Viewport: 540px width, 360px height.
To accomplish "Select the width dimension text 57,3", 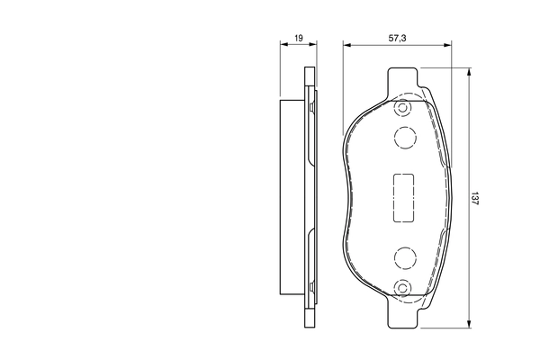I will pyautogui.click(x=396, y=40).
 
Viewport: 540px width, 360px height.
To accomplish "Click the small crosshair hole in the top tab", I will pyautogui.click(x=403, y=109).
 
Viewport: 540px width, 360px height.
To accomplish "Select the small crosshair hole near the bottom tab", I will pyautogui.click(x=403, y=288).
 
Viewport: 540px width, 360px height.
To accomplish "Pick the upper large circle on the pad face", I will pyautogui.click(x=404, y=137).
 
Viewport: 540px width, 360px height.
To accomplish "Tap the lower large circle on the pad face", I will pyautogui.click(x=404, y=259).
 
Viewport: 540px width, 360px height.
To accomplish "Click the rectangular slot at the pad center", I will pyautogui.click(x=402, y=197).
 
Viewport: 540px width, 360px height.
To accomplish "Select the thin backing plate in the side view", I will pyautogui.click(x=310, y=198).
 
